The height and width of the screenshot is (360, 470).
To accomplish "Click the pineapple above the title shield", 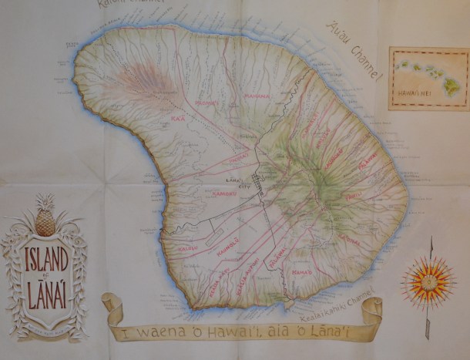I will (x=45, y=220).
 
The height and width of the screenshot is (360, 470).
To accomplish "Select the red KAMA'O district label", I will (x=304, y=271).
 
